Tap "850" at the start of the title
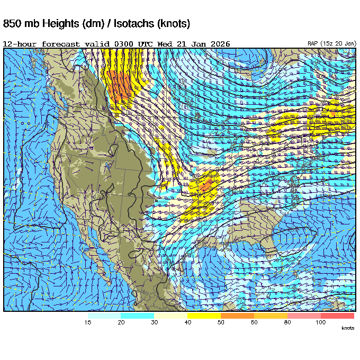tap(13, 24)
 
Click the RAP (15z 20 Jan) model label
tap(331, 43)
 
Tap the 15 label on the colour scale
tap(88, 322)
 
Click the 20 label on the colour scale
tap(121, 322)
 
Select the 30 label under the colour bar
tap(154, 322)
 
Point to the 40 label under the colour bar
tap(187, 322)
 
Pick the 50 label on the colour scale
tap(220, 322)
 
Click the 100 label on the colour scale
tap(320, 322)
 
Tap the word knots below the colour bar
tap(347, 328)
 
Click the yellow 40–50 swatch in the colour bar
tap(204, 316)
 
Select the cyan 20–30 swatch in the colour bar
tap(137, 316)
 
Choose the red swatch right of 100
tap(337, 316)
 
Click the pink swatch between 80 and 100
tap(304, 316)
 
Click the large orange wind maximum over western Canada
tap(120, 85)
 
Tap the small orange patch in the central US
tap(207, 185)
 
